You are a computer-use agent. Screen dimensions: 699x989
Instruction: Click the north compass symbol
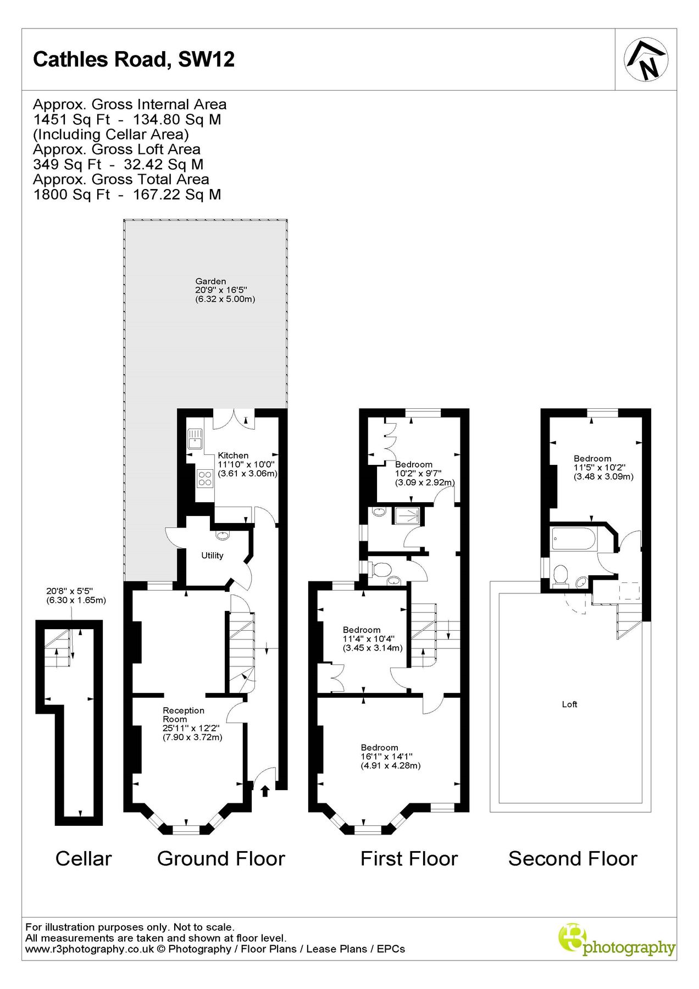click(646, 59)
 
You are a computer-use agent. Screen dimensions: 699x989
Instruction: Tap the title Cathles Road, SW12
click(134, 59)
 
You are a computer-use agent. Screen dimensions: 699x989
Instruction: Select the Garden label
click(210, 281)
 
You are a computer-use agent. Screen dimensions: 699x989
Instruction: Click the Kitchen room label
click(233, 455)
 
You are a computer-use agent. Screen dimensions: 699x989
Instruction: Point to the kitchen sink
click(195, 439)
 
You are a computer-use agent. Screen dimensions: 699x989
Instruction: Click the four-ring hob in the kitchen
click(205, 478)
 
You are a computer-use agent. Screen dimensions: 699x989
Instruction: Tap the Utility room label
click(212, 555)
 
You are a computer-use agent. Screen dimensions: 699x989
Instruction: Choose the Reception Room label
click(184, 715)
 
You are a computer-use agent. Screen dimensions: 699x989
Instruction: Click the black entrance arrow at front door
click(265, 791)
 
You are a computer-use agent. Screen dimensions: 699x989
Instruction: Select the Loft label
click(569, 704)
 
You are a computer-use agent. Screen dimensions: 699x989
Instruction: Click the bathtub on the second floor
click(573, 538)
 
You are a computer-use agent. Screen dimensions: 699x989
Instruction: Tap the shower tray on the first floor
click(407, 515)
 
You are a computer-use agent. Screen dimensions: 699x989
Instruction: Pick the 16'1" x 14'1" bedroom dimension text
click(387, 757)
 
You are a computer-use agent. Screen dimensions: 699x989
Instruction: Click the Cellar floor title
click(84, 859)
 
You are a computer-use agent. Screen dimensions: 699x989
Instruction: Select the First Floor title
click(409, 859)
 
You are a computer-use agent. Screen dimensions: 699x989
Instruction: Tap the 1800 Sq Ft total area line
click(127, 195)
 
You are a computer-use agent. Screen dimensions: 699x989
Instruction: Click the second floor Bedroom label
click(592, 458)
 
